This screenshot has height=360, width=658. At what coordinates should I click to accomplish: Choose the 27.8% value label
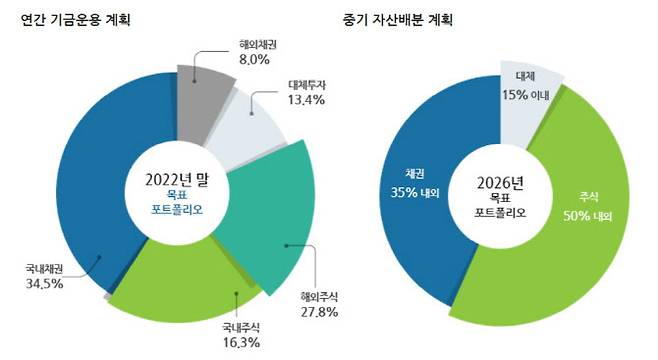coord(319,312)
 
